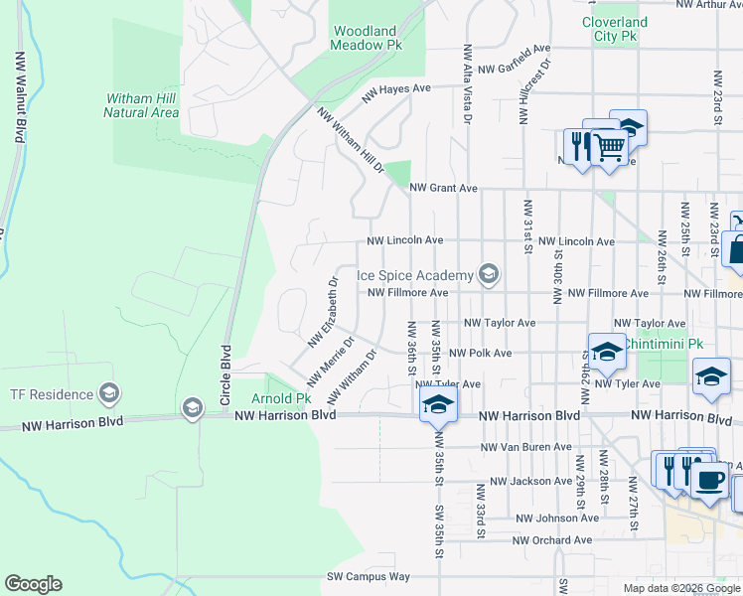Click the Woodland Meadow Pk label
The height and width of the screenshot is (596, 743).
367,38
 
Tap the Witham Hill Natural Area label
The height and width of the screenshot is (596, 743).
141,105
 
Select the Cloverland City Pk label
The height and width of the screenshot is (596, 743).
614,29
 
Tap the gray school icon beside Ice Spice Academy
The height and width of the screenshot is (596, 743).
488,274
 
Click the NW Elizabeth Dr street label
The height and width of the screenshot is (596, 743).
323,311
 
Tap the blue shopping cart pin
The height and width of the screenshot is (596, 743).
609,148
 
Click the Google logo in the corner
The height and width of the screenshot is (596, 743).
33,584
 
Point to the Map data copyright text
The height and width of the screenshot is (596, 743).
681,588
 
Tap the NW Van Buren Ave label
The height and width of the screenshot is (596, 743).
524,448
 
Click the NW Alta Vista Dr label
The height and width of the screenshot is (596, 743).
466,84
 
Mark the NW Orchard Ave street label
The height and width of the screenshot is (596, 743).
552,540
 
